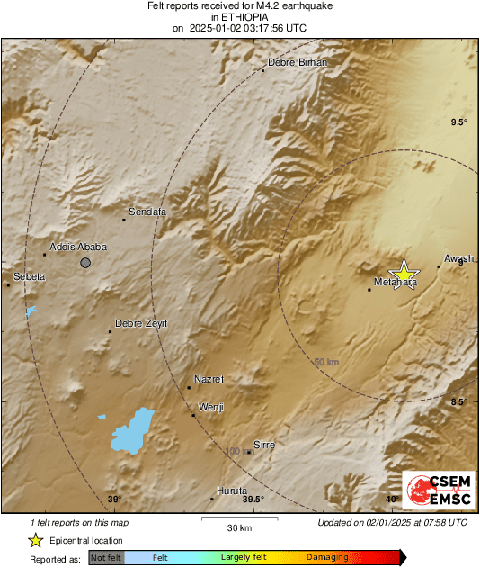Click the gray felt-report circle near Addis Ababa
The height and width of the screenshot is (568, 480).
pos(85,263)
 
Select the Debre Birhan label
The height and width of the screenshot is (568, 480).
pos(298,62)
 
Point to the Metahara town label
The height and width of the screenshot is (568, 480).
pos(396,283)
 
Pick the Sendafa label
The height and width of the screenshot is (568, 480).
pos(148,212)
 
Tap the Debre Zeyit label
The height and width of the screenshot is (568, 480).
pos(141,324)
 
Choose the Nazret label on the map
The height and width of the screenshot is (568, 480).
pos(209,380)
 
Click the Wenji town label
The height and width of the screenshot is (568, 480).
pos(210,408)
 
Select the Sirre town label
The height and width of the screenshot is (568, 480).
pos(264,445)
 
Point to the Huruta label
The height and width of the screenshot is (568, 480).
pos(232,491)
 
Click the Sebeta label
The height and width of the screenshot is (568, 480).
pos(29,276)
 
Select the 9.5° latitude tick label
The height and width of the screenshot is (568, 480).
pos(459,122)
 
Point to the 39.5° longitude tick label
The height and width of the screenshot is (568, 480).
pos(253,500)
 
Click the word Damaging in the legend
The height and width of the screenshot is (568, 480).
pos(327,558)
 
